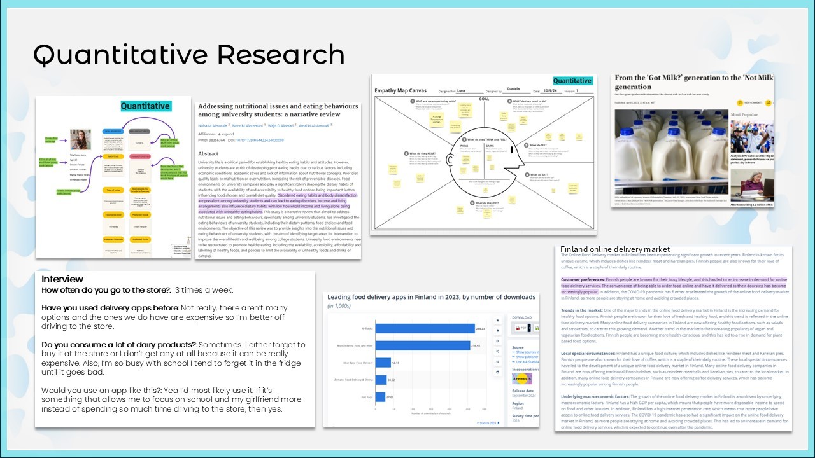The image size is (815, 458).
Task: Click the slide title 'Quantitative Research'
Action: pyautogui.click(x=188, y=55)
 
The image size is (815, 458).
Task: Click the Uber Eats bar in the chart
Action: pyautogui.click(x=382, y=363)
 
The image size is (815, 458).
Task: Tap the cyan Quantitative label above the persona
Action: pyautogui.click(x=145, y=106)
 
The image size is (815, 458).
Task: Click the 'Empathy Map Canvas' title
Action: pyautogui.click(x=400, y=90)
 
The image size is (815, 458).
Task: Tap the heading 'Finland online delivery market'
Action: pyautogui.click(x=615, y=249)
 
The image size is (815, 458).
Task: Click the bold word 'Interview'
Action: pyautogui.click(x=62, y=279)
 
